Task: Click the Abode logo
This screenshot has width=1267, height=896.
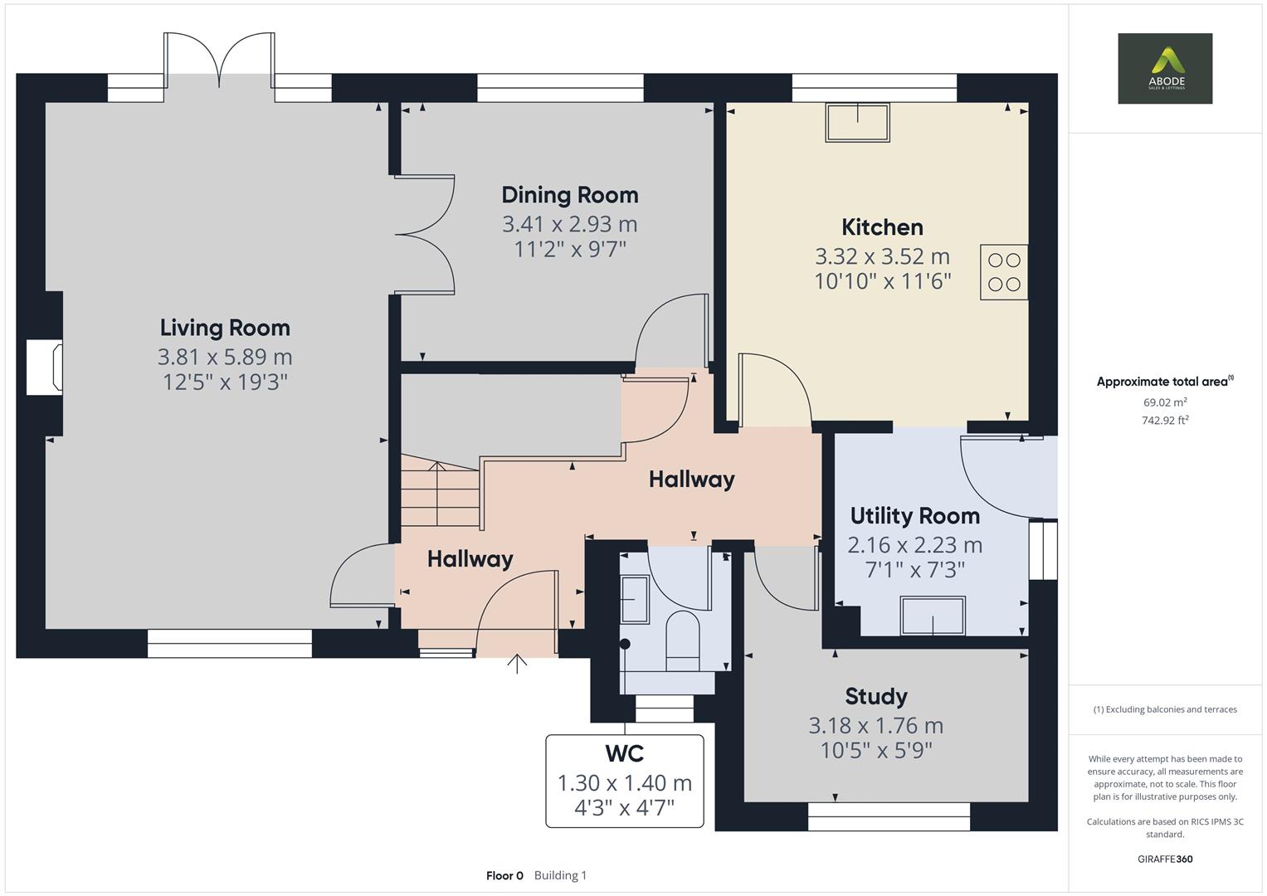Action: [x=1164, y=68]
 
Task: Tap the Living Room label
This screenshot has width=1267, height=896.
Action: [x=225, y=328]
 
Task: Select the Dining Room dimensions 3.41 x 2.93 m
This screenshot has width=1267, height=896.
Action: [x=569, y=224]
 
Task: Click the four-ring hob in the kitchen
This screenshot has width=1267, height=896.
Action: [x=1004, y=272]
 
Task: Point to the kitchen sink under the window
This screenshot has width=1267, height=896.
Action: [x=857, y=122]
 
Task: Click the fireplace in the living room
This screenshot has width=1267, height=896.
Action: [x=46, y=366]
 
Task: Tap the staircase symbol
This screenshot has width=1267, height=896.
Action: [x=440, y=495]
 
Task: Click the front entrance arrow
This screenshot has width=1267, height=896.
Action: [x=517, y=663]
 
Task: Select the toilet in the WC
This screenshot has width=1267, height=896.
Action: [x=683, y=640]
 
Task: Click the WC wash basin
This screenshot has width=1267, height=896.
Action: [x=635, y=599]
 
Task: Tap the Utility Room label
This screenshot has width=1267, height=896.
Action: [x=914, y=516]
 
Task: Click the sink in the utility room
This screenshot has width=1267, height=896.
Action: [x=933, y=616]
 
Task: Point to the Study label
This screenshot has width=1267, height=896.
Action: [x=875, y=696]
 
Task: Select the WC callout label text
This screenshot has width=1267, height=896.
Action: [x=624, y=753]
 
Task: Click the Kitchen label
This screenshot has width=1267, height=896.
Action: [x=882, y=227]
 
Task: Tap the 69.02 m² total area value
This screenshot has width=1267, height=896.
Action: [x=1164, y=402]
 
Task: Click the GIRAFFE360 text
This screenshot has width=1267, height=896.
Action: [x=1164, y=859]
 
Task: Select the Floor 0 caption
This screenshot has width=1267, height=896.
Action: [x=504, y=875]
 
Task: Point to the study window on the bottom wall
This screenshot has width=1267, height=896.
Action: [x=889, y=816]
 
